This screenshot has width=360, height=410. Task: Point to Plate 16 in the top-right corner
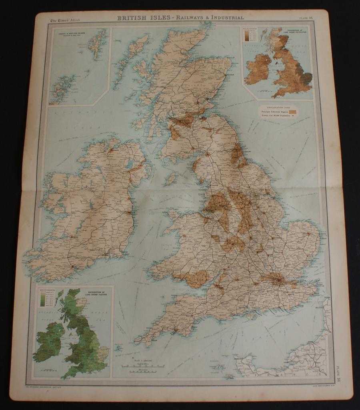308,18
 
